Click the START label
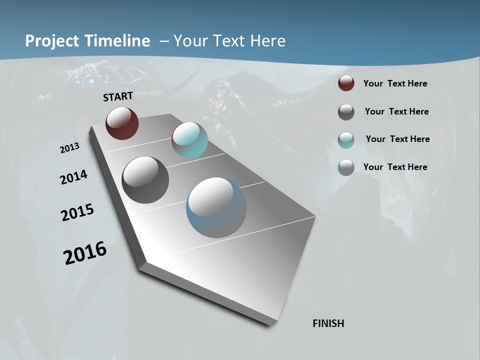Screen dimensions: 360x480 coord(118,96)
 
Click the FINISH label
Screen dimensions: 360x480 coord(328,323)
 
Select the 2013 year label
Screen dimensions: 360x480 coord(69,148)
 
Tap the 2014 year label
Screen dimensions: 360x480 coord(73,177)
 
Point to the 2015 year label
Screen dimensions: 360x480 coord(77,212)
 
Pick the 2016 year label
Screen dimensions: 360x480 coord(85,253)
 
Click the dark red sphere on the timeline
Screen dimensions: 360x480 coord(122,123)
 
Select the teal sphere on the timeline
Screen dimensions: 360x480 coord(189,140)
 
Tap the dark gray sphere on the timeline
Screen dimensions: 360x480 coord(145,179)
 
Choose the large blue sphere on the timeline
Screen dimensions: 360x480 coord(216,207)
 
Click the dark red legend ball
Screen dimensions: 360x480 coord(346,83)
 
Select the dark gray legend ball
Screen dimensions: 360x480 coord(346,112)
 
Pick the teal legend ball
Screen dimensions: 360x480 coord(346,140)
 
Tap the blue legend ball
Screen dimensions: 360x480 coord(346,167)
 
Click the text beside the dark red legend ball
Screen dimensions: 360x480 coord(395,83)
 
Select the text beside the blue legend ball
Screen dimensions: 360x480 coord(395,167)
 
